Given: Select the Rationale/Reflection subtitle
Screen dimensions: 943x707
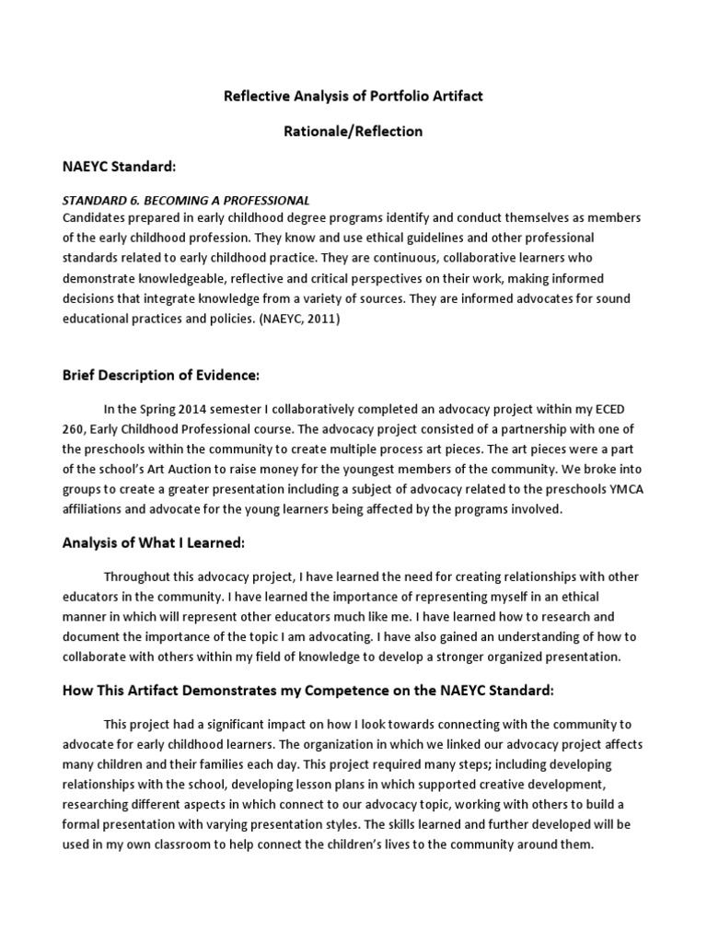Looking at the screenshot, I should pyautogui.click(x=353, y=131).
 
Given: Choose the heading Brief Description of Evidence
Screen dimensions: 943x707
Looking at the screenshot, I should pyautogui.click(x=161, y=375).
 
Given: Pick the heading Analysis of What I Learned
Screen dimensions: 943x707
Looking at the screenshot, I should pyautogui.click(x=153, y=543).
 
